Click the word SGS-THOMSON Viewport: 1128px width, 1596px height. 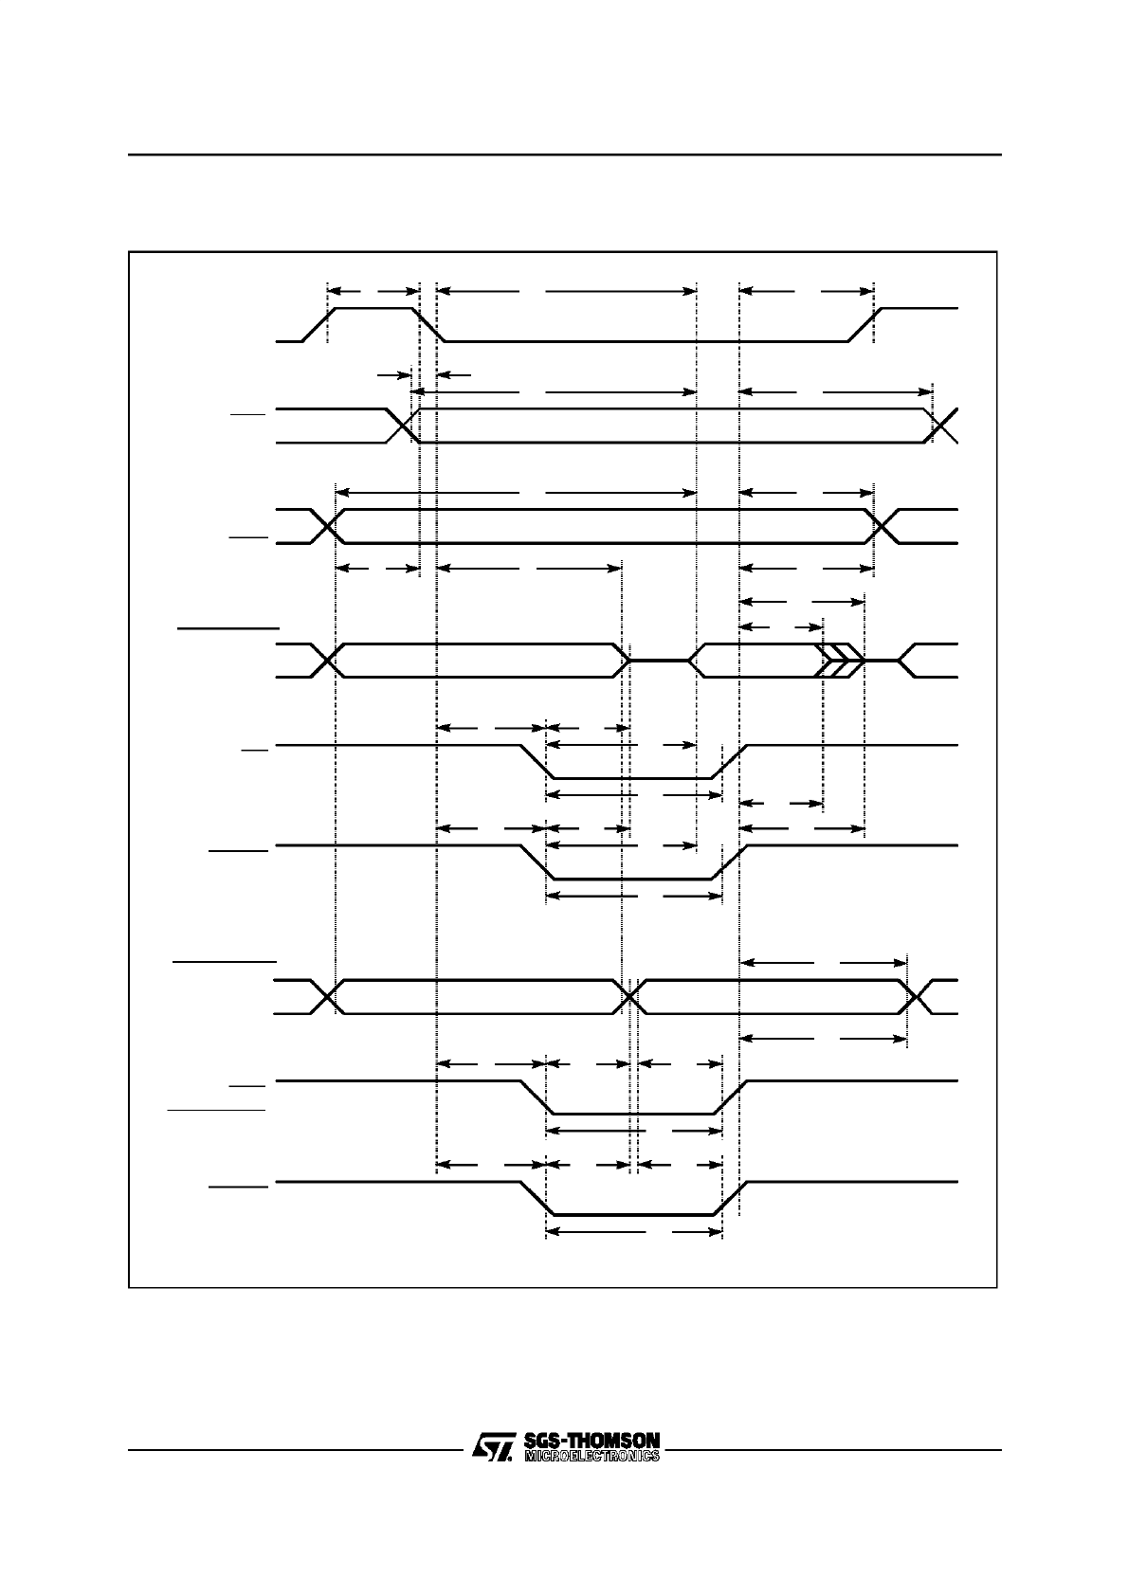click(591, 1440)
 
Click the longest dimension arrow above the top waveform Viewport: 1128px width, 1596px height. click(566, 291)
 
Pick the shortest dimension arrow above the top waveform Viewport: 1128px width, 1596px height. click(373, 291)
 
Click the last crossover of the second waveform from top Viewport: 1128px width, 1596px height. click(944, 426)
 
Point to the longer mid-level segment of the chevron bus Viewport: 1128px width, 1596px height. click(659, 660)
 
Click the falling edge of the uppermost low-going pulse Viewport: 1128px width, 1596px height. click(536, 762)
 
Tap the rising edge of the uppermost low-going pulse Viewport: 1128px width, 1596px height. click(729, 762)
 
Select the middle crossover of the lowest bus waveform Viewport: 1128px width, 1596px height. click(630, 997)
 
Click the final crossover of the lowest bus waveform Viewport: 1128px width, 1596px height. click(916, 997)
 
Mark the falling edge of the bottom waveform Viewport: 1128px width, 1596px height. click(536, 1198)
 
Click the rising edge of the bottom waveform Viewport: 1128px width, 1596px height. click(729, 1198)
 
